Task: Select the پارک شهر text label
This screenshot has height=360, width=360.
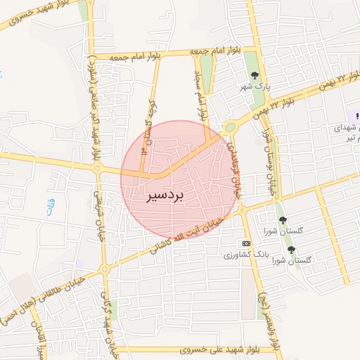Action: tap(259, 86)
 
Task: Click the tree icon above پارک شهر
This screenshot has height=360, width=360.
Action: tap(255, 75)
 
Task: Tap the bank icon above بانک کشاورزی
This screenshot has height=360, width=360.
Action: tap(245, 243)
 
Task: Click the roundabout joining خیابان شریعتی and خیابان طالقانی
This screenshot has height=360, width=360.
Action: tap(105, 269)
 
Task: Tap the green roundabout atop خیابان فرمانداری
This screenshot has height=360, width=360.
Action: tap(230, 127)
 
